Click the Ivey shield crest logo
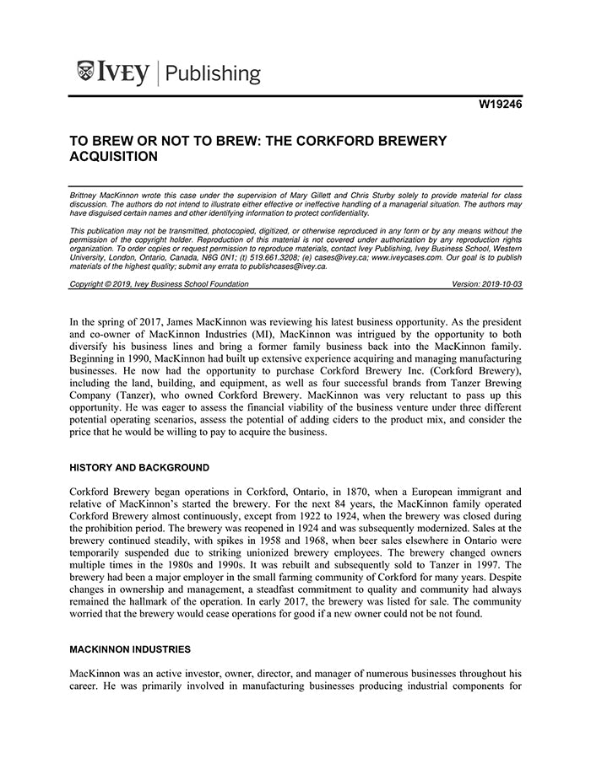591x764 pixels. point(85,71)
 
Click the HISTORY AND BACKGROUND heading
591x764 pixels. point(139,467)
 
